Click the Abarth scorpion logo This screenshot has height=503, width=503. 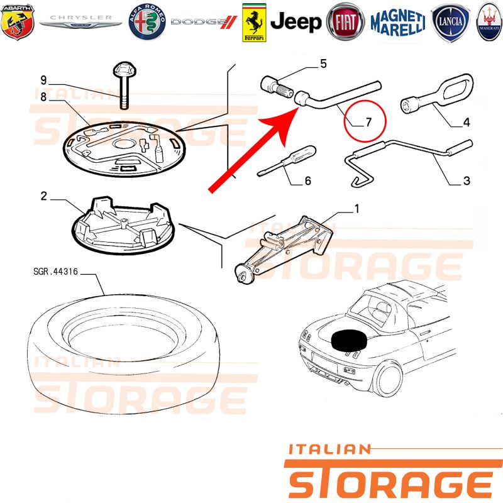coord(18,21)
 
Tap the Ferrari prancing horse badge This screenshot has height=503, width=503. coord(254,23)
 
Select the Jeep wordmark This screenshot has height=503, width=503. coord(296,22)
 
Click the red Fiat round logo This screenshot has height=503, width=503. coord(345,22)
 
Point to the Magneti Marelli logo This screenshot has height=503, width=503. coord(398,22)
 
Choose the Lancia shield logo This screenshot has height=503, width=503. coord(450,22)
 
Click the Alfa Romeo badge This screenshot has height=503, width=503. coord(147,22)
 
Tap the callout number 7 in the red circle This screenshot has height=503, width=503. coord(368,122)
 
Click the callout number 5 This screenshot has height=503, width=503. coord(323,64)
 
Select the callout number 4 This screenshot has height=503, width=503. coord(467,122)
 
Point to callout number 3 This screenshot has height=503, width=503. coord(467,180)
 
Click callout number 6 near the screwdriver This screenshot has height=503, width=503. coord(308,181)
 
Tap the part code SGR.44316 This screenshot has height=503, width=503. coord(55,272)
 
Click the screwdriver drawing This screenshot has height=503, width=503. coord(287,161)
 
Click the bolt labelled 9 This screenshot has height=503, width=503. coord(124,85)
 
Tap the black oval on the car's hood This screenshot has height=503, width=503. coord(349,340)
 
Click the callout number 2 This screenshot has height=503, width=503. coord(44,196)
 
